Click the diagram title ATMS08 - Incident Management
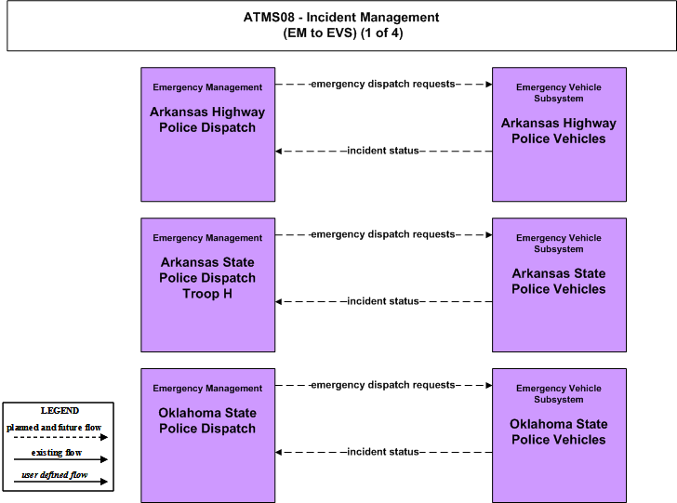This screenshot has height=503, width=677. coord(341,18)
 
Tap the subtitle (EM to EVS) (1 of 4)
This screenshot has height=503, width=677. coord(343,33)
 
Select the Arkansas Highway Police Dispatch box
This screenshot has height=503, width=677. coord(207,134)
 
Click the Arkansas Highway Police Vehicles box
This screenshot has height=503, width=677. coord(559,134)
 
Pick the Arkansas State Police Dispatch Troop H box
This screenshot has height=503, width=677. coord(207,285)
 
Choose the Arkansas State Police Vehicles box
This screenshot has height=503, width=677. coord(559,285)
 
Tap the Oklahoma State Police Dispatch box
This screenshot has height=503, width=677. coord(207,435)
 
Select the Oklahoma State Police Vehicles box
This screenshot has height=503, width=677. coord(559,435)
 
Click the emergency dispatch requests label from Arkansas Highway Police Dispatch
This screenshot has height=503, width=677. coord(383,84)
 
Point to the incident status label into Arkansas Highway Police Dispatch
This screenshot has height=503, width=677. coord(383,151)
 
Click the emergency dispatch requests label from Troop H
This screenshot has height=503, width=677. coord(383,234)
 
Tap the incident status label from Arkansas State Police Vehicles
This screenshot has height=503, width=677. coord(383,301)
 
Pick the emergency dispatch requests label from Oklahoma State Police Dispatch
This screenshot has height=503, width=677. coord(383,385)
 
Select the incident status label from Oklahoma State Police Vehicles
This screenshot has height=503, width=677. coord(383,452)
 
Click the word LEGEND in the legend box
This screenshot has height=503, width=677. coord(60,411)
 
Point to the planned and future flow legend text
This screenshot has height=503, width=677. coord(54,428)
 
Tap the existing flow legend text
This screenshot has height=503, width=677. coord(57,453)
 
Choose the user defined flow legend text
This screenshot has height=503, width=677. coord(54,475)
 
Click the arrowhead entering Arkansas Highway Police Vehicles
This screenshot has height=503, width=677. coord(489,85)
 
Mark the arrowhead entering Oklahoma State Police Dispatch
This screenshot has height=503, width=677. coord(278,453)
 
